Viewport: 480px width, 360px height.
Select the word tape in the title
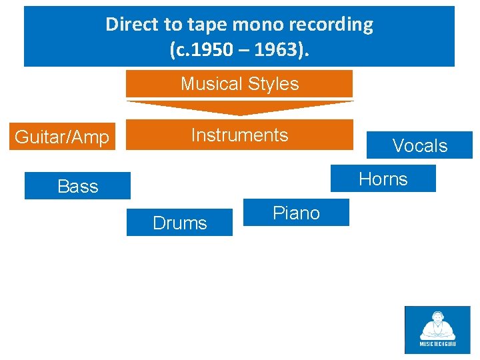click(207, 25)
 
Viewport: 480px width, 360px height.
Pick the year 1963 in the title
click(282, 49)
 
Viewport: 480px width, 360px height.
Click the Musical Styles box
click(239, 84)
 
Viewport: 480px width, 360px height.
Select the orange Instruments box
click(239, 135)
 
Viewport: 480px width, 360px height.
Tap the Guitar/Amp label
click(62, 137)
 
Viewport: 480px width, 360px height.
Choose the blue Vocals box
click(419, 145)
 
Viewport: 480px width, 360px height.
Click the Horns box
click(383, 179)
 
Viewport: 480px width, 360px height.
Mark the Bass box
click(77, 186)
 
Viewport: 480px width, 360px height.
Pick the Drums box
click(179, 223)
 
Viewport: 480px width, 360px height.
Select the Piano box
click(296, 213)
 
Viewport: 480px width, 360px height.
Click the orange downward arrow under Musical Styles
click(239, 107)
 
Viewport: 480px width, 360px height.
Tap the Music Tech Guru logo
click(437, 329)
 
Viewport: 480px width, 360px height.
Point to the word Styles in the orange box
click(273, 84)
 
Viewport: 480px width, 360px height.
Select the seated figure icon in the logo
click(437, 325)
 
